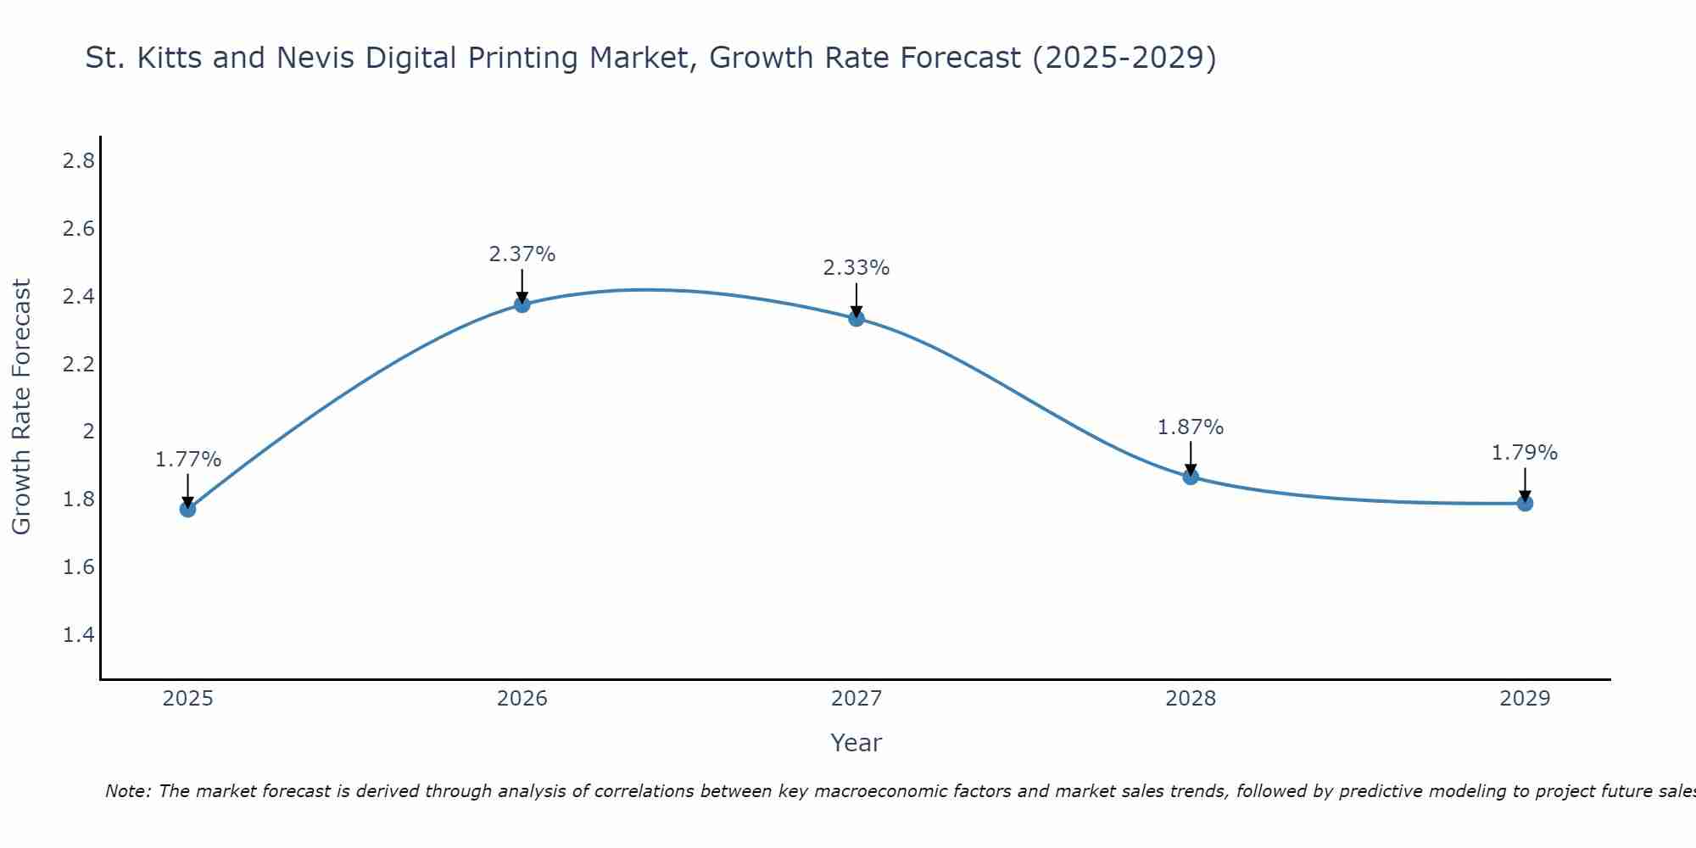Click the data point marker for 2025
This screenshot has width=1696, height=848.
pyautogui.click(x=187, y=509)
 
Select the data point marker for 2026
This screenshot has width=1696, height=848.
pyautogui.click(x=522, y=304)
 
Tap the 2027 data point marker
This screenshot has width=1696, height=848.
pyautogui.click(x=856, y=318)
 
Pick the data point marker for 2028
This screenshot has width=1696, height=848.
pyautogui.click(x=1191, y=477)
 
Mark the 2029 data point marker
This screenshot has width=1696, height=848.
pyautogui.click(x=1525, y=504)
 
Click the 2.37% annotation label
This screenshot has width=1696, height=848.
pyautogui.click(x=522, y=254)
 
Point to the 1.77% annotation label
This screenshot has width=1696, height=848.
pyautogui.click(x=188, y=460)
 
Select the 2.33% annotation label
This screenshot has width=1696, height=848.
pyautogui.click(x=856, y=268)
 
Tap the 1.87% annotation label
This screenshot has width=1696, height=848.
pyautogui.click(x=1191, y=427)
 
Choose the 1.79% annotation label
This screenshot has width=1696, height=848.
pyautogui.click(x=1525, y=453)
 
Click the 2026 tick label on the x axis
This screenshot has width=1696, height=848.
pyautogui.click(x=522, y=699)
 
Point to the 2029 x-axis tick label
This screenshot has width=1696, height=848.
pyautogui.click(x=1525, y=699)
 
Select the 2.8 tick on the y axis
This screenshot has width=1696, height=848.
pyautogui.click(x=79, y=161)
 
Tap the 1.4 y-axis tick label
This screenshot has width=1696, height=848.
pyautogui.click(x=79, y=634)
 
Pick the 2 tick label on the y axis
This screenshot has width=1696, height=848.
pyautogui.click(x=88, y=432)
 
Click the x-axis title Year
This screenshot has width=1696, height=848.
pyautogui.click(x=856, y=743)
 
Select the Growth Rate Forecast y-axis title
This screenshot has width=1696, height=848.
pyautogui.click(x=21, y=407)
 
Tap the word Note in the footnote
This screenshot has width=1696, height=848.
pyautogui.click(x=127, y=791)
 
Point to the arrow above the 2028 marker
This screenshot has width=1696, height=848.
pyautogui.click(x=1191, y=459)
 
